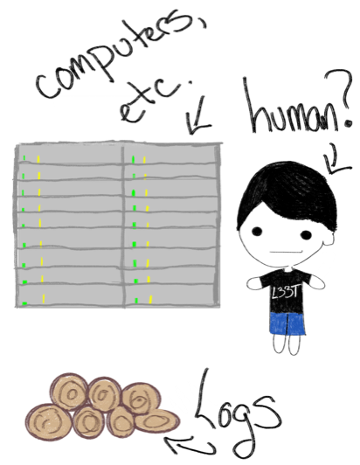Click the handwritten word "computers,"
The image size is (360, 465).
coord(119,56)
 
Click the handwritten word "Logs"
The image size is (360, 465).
coord(237,415)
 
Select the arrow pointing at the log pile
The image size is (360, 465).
coord(190,444)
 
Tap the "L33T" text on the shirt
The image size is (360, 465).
coord(284,292)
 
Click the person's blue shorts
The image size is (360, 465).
coord(287,323)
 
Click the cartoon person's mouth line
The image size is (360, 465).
coord(285,252)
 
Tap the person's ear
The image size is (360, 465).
coord(329,237)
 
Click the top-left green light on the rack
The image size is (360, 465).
coord(24,157)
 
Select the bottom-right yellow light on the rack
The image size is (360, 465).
coord(150,300)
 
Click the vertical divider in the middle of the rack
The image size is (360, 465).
coord(123,226)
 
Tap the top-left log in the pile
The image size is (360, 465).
coord(70,392)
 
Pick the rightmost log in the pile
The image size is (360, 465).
coord(156,420)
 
